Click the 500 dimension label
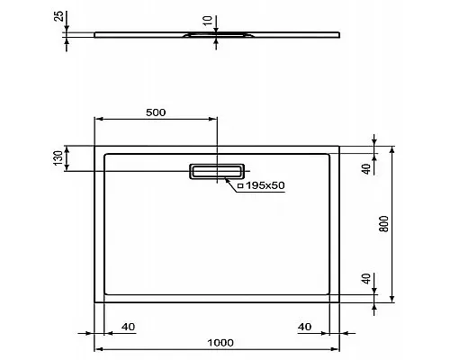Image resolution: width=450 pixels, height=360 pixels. point(155,112)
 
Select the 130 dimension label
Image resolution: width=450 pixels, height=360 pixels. point(58,157)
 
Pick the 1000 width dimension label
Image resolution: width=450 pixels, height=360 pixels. point(219,341)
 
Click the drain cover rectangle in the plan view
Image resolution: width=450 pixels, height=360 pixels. point(216,171)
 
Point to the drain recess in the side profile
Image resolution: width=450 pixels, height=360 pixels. point(216,36)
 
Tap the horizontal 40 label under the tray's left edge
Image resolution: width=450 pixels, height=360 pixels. point(127,326)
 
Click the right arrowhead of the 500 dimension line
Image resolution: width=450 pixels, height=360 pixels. point(212,119)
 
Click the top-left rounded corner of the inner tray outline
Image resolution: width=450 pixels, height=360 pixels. point(107,155)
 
